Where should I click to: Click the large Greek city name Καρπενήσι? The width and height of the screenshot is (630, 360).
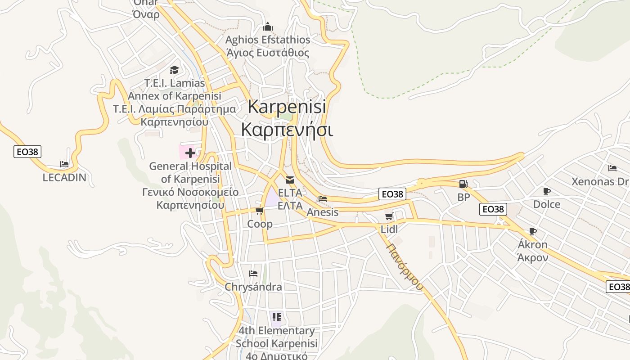point(287,130)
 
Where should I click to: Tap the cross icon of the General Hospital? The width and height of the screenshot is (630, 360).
point(190,153)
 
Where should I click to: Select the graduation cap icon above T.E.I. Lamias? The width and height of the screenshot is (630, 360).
point(174,70)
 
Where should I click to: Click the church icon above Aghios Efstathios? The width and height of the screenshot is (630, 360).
point(268,27)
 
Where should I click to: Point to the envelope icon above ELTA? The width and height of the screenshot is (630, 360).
point(290,180)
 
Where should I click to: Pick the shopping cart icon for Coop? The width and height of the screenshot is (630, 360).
point(259,211)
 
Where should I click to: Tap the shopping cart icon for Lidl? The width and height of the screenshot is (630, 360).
point(389,216)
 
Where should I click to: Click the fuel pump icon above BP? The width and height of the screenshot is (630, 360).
point(463,184)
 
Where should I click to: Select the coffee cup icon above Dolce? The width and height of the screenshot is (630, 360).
point(547,191)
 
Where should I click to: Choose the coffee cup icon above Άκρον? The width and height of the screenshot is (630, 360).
point(533,232)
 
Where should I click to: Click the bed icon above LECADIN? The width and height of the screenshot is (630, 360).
point(64,164)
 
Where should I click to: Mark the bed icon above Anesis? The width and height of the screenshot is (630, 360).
point(323,198)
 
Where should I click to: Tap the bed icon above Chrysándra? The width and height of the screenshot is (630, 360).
point(253,273)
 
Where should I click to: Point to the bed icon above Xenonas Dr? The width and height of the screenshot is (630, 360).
point(612,168)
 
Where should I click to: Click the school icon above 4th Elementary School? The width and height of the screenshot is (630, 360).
point(276,317)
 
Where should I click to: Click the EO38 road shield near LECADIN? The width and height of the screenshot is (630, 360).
point(27,152)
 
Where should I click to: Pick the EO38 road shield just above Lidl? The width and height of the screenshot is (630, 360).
point(392,194)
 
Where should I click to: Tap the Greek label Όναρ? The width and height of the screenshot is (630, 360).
point(146,14)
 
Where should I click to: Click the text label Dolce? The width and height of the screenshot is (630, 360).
point(547,204)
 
